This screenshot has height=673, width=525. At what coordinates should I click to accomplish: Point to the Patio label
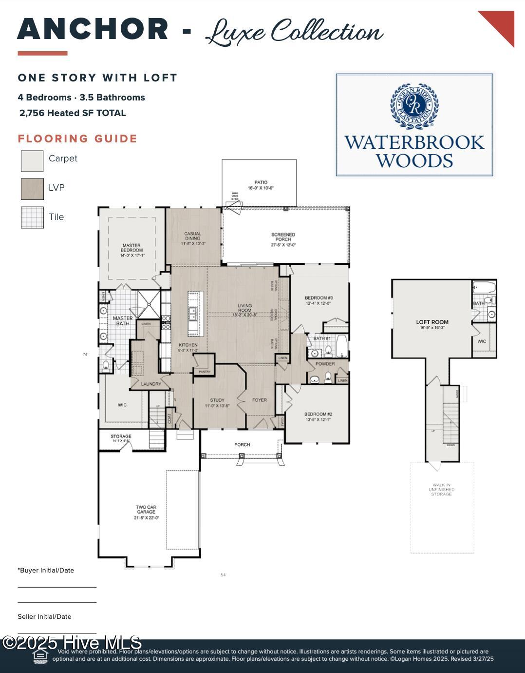(x=261, y=185)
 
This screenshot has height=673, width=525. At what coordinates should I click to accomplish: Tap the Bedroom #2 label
(x=319, y=416)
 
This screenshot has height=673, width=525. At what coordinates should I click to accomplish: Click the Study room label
(x=217, y=402)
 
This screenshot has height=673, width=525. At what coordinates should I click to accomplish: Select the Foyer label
(x=259, y=400)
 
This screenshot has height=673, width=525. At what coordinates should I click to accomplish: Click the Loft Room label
(x=432, y=324)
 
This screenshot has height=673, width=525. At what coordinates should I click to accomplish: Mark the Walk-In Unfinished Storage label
(x=441, y=490)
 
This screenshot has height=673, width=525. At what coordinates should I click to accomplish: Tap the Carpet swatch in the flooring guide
(x=32, y=161)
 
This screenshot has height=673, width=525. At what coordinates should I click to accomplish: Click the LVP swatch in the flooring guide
(x=32, y=189)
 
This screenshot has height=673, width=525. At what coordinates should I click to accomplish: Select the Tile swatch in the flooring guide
(x=32, y=218)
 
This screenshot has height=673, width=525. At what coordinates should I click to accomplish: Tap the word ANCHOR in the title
(x=93, y=29)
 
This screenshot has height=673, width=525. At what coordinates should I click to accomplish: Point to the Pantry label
(x=204, y=372)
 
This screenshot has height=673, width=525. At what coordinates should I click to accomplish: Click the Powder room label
(x=325, y=364)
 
